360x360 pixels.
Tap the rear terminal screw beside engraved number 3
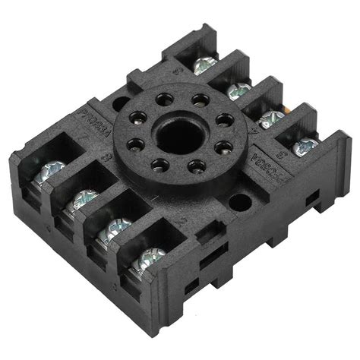305,146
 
